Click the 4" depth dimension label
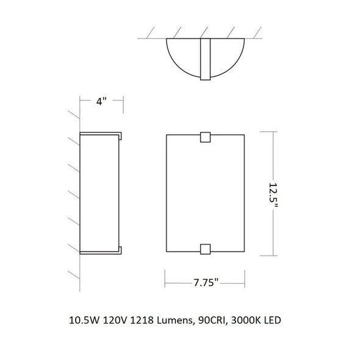(x=101, y=101)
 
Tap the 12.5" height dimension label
(x=273, y=195)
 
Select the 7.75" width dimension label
(x=206, y=283)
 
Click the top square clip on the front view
(x=205, y=137)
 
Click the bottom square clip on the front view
(x=205, y=249)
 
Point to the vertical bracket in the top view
(x=205, y=59)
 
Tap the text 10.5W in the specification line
(x=84, y=320)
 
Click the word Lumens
(x=175, y=320)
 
